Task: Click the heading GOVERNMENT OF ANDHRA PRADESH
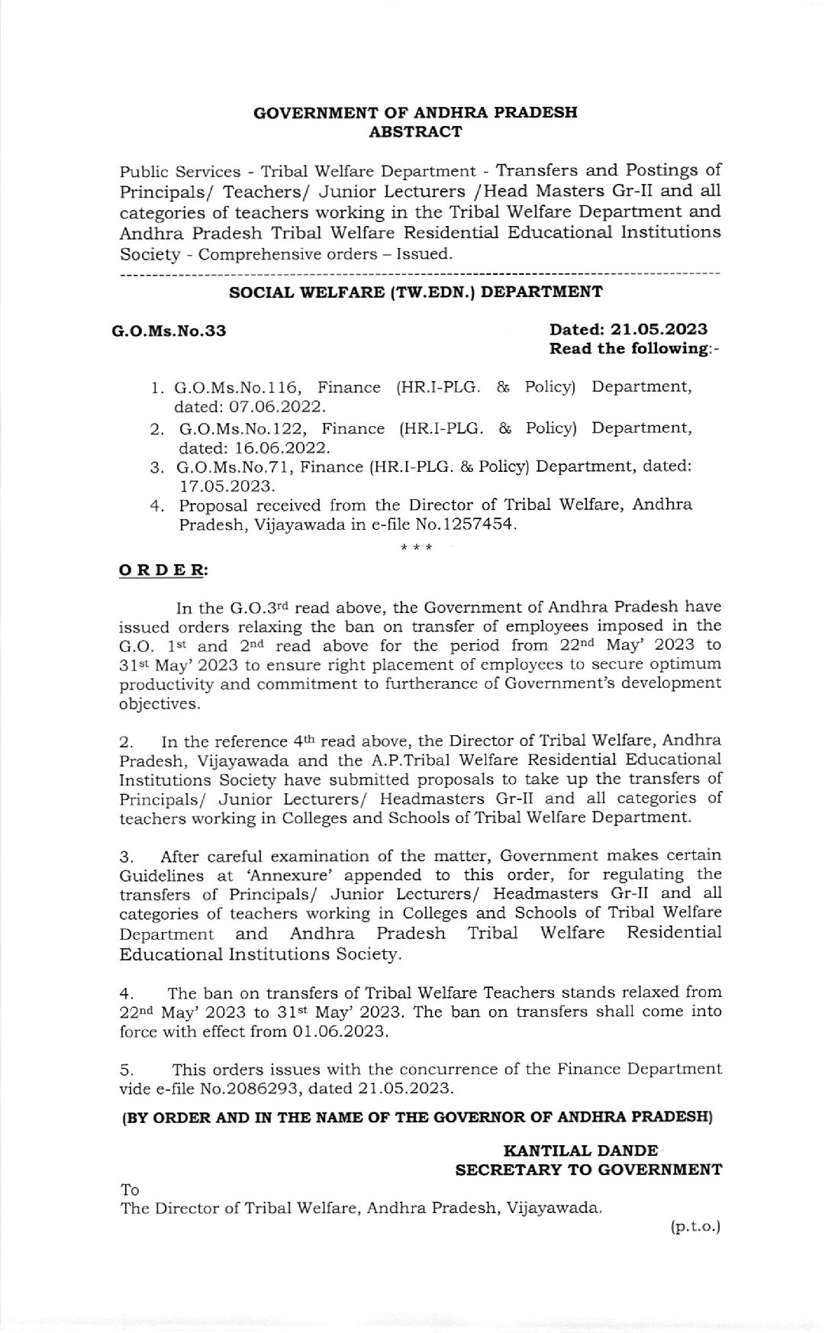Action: coord(414,112)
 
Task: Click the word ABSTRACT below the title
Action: coord(415,131)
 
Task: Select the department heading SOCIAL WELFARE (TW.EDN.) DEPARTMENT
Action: coord(416,292)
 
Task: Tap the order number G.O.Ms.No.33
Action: coord(169,331)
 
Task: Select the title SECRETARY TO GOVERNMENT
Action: coord(588,1170)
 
